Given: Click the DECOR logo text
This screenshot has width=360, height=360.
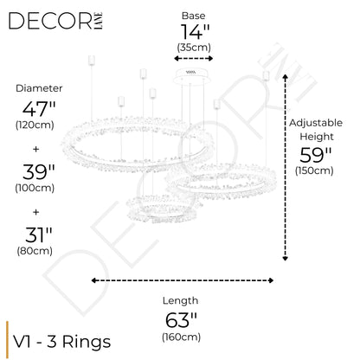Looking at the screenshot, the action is [50, 21].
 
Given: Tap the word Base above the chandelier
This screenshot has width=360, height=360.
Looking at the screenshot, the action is [193, 16].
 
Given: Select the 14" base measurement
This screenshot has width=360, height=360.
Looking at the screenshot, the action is [195, 31].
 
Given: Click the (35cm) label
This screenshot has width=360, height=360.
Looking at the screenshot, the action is [194, 48].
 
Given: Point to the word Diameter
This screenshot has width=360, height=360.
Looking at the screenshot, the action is [39, 88].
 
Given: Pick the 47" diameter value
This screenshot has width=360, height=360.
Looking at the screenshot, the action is [39, 109].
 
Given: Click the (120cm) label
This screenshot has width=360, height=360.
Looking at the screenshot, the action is [35, 125].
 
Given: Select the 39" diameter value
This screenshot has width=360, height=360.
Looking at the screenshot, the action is [39, 172].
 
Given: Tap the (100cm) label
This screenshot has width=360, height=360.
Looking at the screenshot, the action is [35, 188].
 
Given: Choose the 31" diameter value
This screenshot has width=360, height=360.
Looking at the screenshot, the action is [39, 235].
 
